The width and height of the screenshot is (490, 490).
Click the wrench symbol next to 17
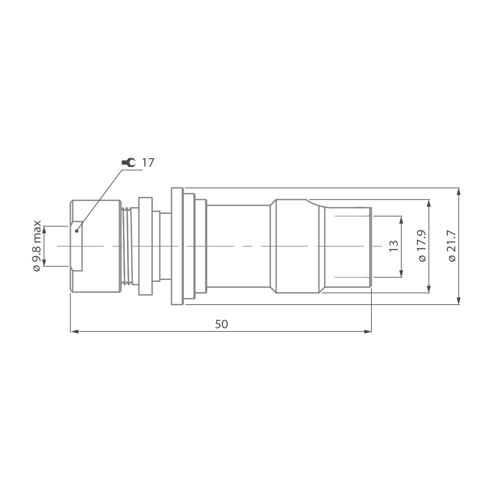point(128,163)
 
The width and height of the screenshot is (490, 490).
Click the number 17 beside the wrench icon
point(148,163)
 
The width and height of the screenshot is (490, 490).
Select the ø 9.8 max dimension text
point(37,246)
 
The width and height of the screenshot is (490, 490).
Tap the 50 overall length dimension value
point(221,324)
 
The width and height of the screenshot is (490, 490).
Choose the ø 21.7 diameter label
point(453,246)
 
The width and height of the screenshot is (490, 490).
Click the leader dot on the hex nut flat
point(77,231)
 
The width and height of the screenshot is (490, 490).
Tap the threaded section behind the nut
point(128,246)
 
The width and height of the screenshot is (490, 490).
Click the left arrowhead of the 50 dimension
point(74,331)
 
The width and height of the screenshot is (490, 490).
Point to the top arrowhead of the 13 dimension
point(401,220)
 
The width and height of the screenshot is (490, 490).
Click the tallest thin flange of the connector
point(177,246)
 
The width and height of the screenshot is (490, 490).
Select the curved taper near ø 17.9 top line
point(315,204)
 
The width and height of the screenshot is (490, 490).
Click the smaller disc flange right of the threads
point(145,246)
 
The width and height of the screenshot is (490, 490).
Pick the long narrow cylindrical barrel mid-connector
point(238,246)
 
